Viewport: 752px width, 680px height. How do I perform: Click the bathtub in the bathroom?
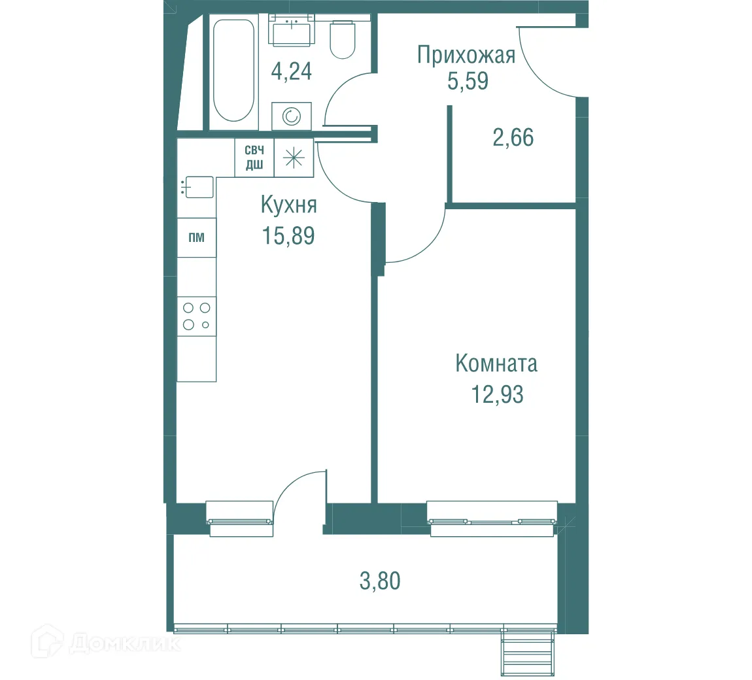[233, 70]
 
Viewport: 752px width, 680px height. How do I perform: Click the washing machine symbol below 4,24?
[291, 117]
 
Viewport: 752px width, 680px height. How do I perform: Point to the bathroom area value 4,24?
[291, 71]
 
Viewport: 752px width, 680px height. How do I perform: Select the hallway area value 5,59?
[468, 82]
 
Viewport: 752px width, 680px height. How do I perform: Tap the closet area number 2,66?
[513, 138]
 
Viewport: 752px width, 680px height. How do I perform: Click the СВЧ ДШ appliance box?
[254, 158]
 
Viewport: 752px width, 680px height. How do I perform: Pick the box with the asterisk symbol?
[294, 158]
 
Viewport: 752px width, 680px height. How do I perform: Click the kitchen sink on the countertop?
[198, 187]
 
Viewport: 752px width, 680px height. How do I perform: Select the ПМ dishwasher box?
[196, 237]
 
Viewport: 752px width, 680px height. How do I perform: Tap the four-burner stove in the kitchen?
[196, 316]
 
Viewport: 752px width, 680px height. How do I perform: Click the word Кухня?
[288, 205]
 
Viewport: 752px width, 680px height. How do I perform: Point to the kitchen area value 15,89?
[288, 235]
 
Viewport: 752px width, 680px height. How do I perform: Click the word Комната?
[496, 364]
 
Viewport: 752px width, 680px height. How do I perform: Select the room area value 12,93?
[497, 395]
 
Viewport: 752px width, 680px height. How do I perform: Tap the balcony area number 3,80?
[380, 581]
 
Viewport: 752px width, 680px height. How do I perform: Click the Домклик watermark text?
[124, 644]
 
